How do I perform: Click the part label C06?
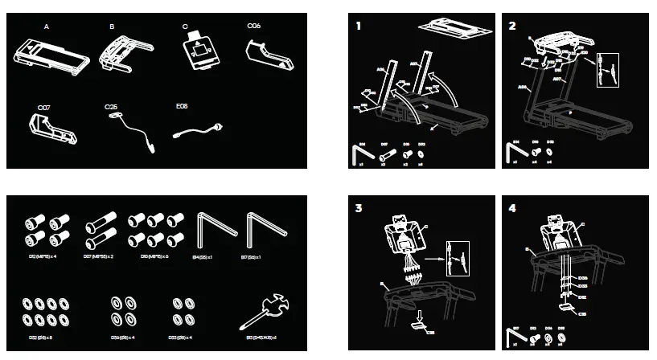(x=253, y=27)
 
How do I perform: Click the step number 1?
(x=359, y=26)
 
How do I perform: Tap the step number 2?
(x=512, y=26)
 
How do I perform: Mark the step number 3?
(x=359, y=207)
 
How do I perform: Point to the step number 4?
(x=512, y=207)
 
